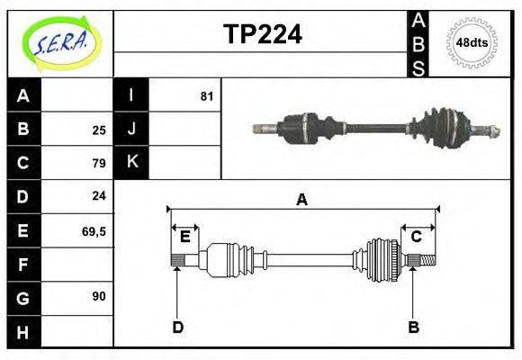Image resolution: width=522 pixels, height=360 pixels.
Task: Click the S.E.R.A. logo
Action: click(x=60, y=43)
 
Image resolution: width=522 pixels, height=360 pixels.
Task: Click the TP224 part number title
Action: click(x=262, y=34)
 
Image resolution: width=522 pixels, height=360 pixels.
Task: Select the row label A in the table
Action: click(x=23, y=95)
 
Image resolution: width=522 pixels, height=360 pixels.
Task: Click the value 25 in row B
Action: click(x=99, y=129)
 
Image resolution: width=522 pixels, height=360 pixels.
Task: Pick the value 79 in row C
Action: click(x=99, y=163)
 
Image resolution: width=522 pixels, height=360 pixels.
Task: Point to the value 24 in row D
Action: click(x=99, y=195)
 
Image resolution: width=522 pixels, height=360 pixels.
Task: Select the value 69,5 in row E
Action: click(x=94, y=230)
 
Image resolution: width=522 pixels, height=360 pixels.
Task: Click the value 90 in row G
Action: click(x=99, y=295)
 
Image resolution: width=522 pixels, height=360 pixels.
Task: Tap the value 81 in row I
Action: click(x=207, y=95)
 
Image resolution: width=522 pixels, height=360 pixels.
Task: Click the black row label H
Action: click(x=23, y=333)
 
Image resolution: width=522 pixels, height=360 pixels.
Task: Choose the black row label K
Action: click(x=131, y=162)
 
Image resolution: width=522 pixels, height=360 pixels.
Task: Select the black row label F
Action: click(x=23, y=265)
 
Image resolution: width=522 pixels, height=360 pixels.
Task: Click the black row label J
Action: click(x=131, y=129)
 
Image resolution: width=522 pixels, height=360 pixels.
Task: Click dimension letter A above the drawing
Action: click(x=302, y=200)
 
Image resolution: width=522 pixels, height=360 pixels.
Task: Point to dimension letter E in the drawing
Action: click(x=184, y=237)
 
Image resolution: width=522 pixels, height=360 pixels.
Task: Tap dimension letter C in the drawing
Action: click(x=417, y=237)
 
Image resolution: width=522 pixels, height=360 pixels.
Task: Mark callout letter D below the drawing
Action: click(x=177, y=328)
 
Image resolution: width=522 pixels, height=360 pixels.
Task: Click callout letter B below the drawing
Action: click(x=414, y=328)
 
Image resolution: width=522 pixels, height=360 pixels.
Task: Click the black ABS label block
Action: click(x=418, y=43)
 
